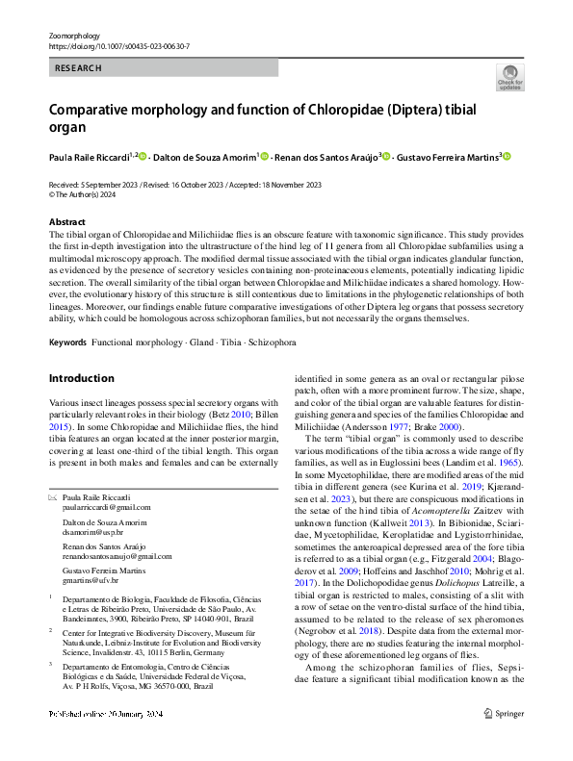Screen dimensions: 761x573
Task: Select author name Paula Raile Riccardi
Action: click(89, 157)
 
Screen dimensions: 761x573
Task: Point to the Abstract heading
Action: click(66, 222)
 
